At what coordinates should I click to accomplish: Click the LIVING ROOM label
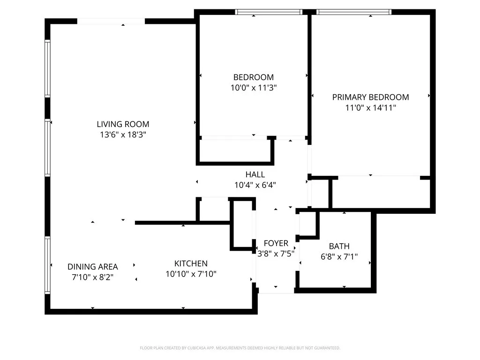(123, 124)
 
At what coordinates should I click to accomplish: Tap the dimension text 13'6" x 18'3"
(123, 135)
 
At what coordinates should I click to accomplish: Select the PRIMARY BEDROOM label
(370, 97)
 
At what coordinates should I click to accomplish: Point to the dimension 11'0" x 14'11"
(370, 108)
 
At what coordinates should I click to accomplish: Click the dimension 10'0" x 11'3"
(254, 88)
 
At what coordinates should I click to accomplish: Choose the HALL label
(255, 174)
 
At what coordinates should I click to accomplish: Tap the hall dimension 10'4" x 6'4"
(255, 185)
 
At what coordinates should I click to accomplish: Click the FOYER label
(276, 243)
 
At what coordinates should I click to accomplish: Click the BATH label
(339, 246)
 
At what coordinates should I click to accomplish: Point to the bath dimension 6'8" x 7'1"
(339, 256)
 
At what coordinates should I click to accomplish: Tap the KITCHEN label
(191, 263)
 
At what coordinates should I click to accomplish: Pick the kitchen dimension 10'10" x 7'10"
(191, 274)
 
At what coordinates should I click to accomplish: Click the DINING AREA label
(92, 267)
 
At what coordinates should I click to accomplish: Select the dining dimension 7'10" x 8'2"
(92, 277)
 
